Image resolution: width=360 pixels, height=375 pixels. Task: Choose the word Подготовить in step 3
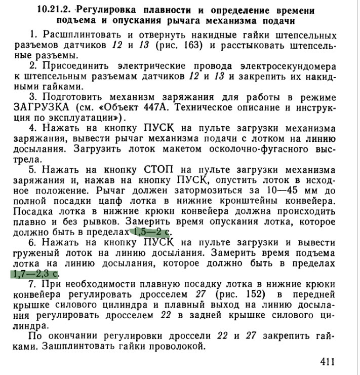coord(74,97)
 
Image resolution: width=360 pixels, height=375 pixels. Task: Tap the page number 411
coord(327,362)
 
